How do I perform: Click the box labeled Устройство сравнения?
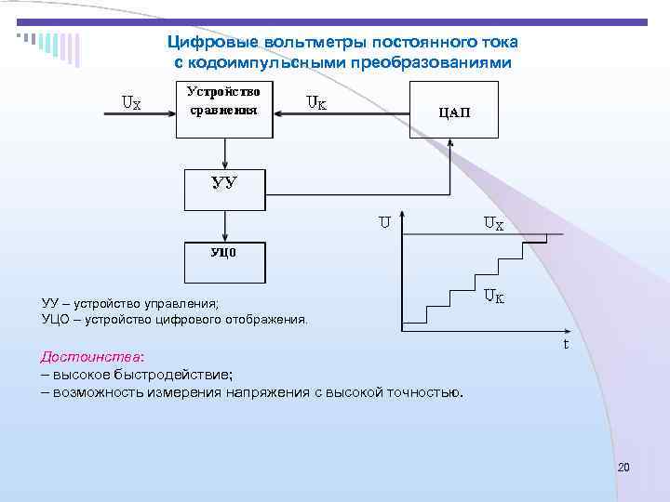(x=224, y=108)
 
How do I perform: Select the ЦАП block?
(x=453, y=110)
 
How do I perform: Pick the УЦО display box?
(x=224, y=262)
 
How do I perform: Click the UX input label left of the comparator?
(x=131, y=103)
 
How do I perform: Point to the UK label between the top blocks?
(x=316, y=103)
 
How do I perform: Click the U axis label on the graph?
(x=383, y=222)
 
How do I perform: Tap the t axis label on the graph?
(x=565, y=344)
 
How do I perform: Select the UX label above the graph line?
(x=493, y=223)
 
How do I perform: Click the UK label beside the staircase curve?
(x=493, y=297)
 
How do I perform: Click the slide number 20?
(x=623, y=467)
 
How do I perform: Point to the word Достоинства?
(x=90, y=357)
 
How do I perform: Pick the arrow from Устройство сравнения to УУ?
(x=224, y=153)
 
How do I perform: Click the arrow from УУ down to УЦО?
(x=224, y=226)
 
